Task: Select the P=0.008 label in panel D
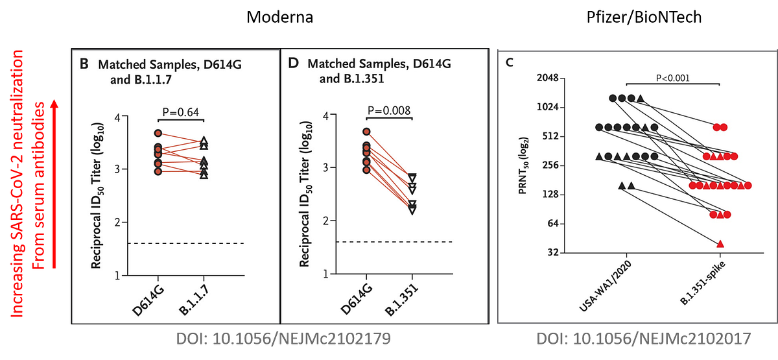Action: (388, 110)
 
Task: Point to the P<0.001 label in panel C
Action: (673, 78)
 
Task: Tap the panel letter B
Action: (84, 65)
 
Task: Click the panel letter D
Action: (292, 65)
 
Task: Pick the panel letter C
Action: (510, 62)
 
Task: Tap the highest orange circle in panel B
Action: (158, 133)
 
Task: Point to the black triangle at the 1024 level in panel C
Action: (641, 98)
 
